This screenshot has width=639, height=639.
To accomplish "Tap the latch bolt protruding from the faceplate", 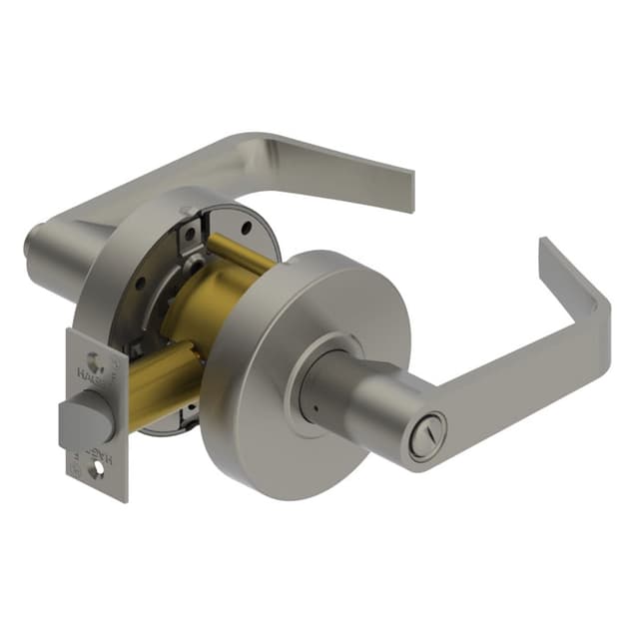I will click(85, 417).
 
